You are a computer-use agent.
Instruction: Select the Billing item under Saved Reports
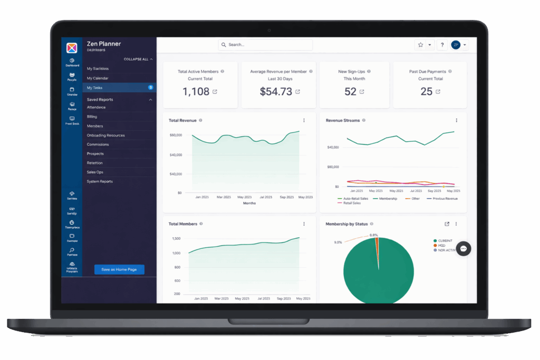[x=92, y=116]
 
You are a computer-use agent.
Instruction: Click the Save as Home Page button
[x=119, y=269]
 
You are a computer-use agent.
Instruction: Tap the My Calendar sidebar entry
[x=98, y=78]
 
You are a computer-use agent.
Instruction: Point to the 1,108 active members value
[x=196, y=92]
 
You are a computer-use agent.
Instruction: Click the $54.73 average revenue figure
[x=276, y=92]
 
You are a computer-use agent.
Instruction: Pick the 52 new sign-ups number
[x=351, y=92]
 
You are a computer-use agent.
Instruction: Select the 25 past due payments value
[x=427, y=92]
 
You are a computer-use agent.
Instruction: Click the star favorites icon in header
[x=421, y=45]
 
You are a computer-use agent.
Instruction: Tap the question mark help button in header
[x=442, y=45]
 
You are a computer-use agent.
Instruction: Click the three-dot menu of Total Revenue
[x=304, y=121]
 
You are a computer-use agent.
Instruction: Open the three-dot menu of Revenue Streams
[x=457, y=121]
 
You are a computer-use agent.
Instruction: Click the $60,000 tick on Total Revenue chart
[x=176, y=135]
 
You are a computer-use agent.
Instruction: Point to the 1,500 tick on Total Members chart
[x=176, y=238]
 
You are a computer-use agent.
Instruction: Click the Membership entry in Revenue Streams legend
[x=384, y=199]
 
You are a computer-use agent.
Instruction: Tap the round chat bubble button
[x=464, y=248]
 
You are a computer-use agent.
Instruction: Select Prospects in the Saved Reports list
[x=95, y=153]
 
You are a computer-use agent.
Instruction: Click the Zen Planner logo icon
[x=72, y=48]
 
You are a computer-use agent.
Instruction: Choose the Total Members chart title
[x=182, y=224]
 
